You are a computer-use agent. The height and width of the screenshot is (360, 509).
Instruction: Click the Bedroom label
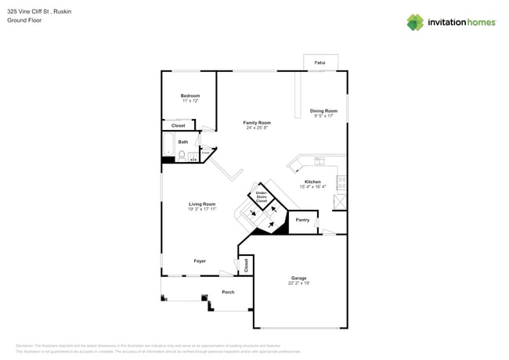(x=190, y=95)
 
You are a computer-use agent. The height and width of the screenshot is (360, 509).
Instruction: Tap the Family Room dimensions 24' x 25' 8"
(x=256, y=128)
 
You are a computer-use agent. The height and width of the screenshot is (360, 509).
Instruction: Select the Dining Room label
(x=323, y=110)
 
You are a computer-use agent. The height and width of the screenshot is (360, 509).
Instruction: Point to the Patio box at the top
(x=320, y=62)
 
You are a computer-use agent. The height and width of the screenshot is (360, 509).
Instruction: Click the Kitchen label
(x=312, y=182)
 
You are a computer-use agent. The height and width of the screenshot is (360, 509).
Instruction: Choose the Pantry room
(x=302, y=221)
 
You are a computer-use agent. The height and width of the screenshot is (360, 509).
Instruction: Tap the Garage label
(x=298, y=278)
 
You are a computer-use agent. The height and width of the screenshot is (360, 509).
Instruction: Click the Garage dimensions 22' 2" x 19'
(x=298, y=283)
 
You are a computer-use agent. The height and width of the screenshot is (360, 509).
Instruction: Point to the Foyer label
(x=200, y=261)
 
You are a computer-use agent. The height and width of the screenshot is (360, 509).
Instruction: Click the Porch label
(x=228, y=292)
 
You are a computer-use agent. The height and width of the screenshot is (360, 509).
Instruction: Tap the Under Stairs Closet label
(x=262, y=197)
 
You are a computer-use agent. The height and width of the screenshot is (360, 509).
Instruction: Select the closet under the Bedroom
(x=179, y=125)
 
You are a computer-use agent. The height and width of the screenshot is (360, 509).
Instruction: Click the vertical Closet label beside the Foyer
(x=246, y=265)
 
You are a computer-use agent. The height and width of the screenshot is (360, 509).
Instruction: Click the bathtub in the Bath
(x=168, y=146)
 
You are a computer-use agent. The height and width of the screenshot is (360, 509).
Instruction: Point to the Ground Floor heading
(x=24, y=20)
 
